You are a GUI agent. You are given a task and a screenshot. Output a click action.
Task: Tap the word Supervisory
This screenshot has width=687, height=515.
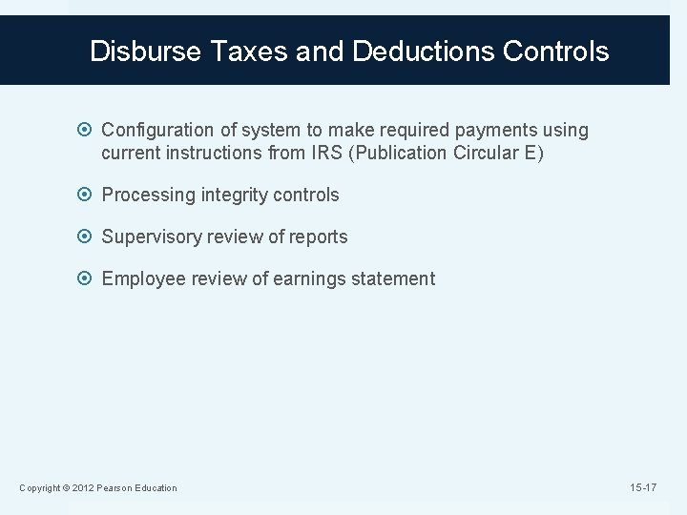[x=153, y=237]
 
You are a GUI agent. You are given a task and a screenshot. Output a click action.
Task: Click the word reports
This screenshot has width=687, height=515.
[x=318, y=237]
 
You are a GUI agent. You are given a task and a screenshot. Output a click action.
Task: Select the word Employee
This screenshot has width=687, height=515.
[x=142, y=278]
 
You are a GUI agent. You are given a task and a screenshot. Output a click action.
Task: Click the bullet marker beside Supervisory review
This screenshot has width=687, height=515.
[x=87, y=237]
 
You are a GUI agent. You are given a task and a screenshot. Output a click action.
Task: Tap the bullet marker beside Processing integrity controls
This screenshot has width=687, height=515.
[x=87, y=195]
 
